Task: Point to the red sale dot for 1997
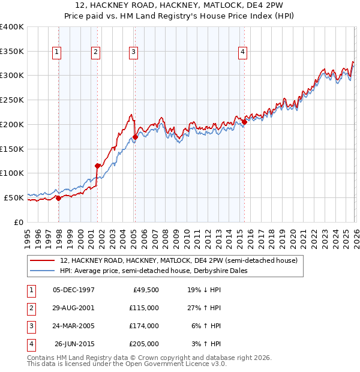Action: coord(58,198)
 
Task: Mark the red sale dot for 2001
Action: coord(97,166)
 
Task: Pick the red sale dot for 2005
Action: coord(135,137)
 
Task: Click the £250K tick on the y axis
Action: coord(12,100)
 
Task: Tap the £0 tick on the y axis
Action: coord(19,221)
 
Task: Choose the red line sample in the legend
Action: coord(43,261)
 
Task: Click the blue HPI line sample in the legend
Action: coord(43,271)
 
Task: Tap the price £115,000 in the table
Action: coord(144,308)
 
